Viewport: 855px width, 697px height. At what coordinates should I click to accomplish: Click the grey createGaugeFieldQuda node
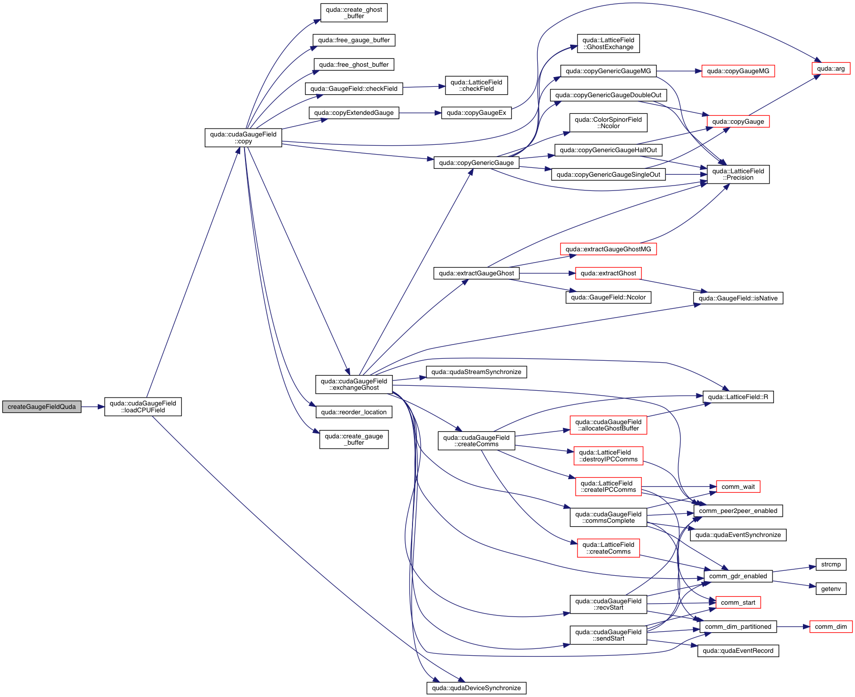point(42,407)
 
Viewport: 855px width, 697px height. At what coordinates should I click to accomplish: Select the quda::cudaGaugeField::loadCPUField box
point(143,407)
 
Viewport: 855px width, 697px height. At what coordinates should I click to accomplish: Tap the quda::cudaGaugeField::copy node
point(243,138)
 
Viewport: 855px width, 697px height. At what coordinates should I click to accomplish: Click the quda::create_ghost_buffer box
point(354,13)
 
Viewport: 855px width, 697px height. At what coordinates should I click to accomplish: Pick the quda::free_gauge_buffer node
point(354,40)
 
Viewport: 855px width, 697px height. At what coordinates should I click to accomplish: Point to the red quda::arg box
point(830,69)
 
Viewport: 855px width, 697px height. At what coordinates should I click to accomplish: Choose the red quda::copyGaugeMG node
point(738,71)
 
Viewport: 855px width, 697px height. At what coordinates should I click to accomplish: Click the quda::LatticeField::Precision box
point(738,174)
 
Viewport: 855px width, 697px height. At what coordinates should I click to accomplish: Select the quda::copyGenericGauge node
point(476,163)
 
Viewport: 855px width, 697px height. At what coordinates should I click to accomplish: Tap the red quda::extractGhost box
point(608,273)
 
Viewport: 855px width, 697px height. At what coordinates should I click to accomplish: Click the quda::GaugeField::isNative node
point(738,298)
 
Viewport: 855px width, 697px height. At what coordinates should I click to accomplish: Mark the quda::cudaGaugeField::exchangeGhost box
point(354,384)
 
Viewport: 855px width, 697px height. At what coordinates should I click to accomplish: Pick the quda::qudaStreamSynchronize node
point(476,372)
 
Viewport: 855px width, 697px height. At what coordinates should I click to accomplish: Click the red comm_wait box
point(738,487)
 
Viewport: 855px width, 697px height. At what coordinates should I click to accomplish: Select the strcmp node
point(830,564)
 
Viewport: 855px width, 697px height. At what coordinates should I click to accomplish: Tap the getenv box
point(830,589)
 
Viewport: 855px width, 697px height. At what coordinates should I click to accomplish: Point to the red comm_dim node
point(830,627)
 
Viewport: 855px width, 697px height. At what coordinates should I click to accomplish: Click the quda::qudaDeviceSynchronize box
point(476,688)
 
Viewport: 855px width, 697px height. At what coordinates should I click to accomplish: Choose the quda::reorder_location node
point(354,412)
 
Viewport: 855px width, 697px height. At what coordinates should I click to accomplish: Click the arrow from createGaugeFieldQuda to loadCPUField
point(93,407)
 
